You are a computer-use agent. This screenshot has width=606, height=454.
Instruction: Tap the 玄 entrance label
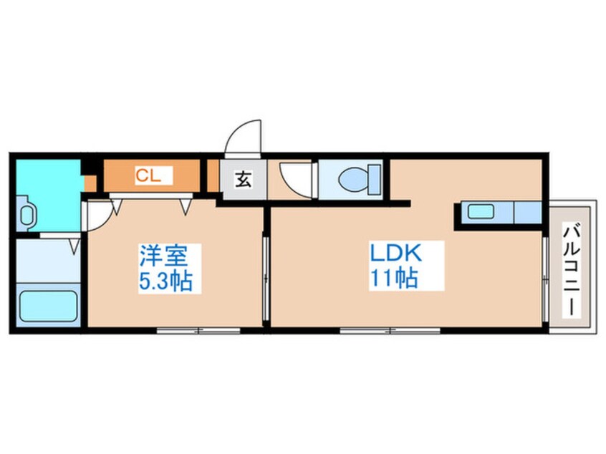(244, 180)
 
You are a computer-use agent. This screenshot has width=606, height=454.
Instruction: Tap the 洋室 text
(164, 256)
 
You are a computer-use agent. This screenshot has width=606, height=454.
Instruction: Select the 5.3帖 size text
(165, 281)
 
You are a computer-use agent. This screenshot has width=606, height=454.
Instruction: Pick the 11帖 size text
(393, 279)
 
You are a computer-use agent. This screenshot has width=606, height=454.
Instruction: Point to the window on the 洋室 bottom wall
(198, 330)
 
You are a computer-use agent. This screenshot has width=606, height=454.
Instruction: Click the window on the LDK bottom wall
(390, 330)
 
